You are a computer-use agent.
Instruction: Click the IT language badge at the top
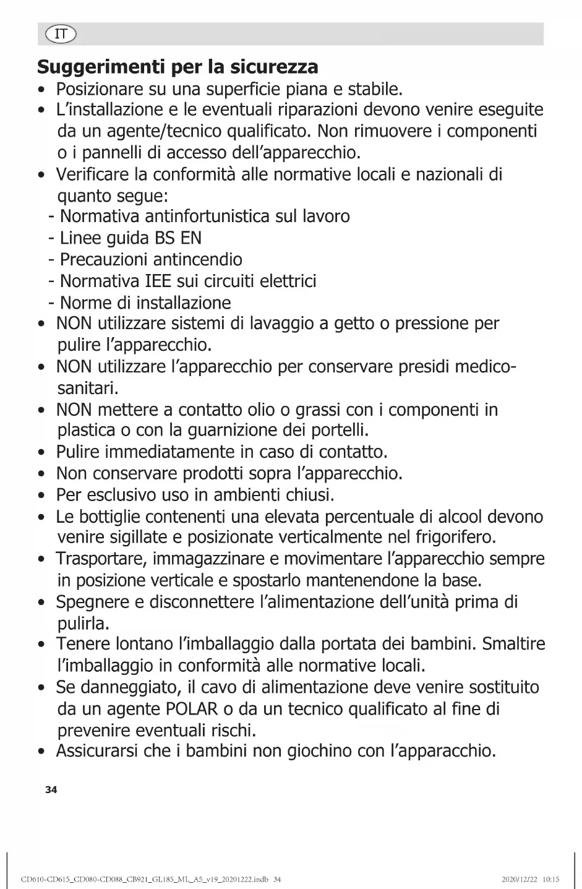click(x=60, y=34)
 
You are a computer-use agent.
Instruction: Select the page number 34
click(x=51, y=790)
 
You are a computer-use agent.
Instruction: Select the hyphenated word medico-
click(x=486, y=367)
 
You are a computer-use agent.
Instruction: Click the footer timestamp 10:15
click(x=550, y=879)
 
